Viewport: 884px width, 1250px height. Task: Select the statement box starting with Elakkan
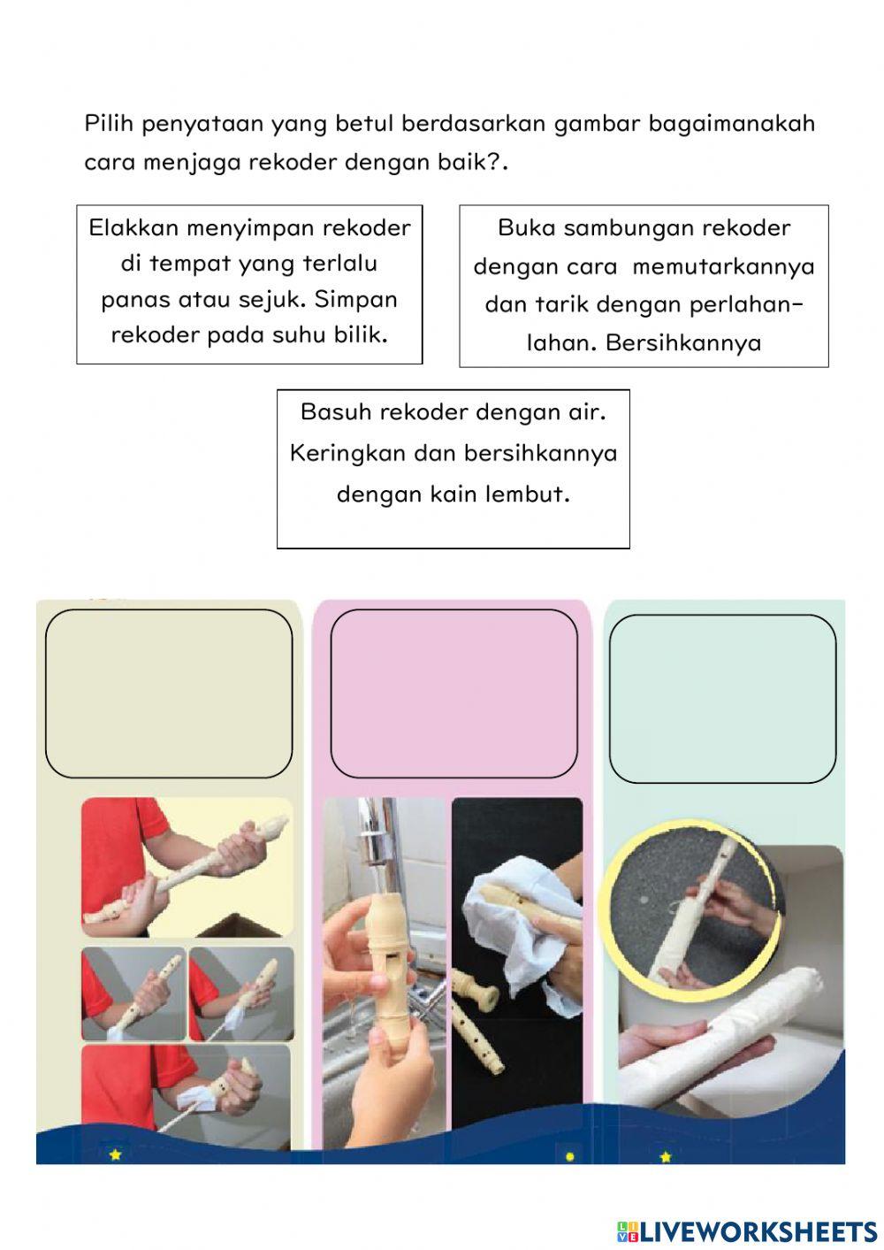(x=249, y=284)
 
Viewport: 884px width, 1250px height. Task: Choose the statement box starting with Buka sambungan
(x=644, y=286)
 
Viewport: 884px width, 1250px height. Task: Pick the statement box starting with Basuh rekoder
(x=453, y=468)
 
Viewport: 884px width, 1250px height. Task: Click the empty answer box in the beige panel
(x=169, y=693)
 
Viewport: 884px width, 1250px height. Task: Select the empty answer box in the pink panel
(x=453, y=693)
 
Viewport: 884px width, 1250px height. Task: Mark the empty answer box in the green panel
(x=722, y=699)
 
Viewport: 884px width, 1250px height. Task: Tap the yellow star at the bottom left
(x=115, y=1154)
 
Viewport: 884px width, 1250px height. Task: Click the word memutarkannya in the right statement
(x=723, y=266)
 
